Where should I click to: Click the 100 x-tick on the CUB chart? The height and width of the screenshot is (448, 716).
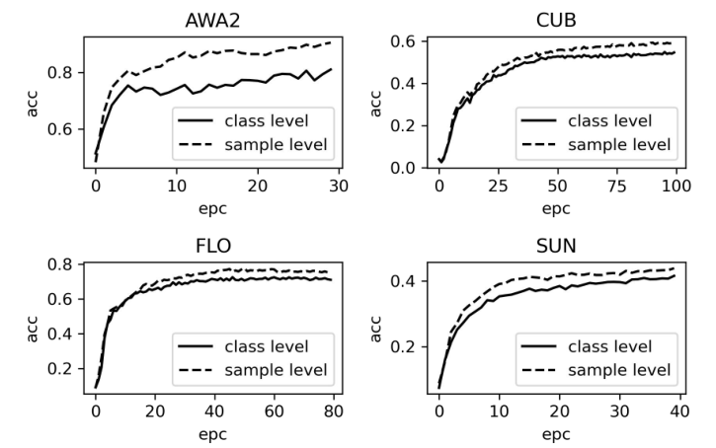(674, 186)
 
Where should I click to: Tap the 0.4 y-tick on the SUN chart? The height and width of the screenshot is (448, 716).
(405, 281)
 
